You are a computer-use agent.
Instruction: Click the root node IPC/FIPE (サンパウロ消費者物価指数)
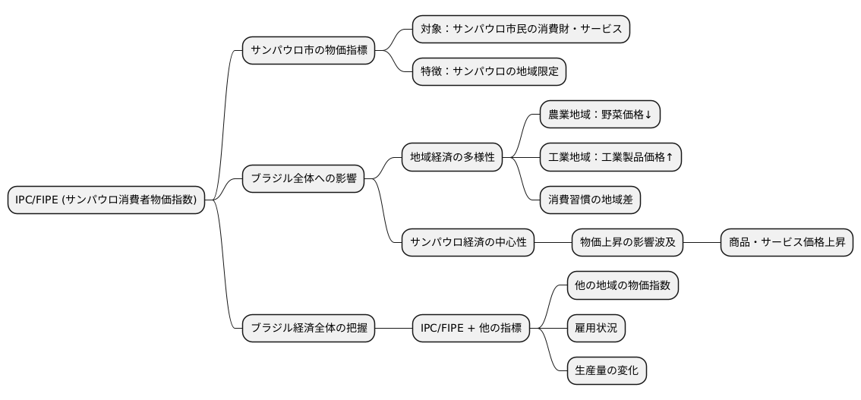(106, 200)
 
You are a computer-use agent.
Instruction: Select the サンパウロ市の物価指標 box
(308, 52)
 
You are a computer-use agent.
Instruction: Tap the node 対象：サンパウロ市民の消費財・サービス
(521, 30)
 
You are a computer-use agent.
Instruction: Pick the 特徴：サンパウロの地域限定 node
(489, 72)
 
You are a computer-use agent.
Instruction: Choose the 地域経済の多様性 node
(452, 157)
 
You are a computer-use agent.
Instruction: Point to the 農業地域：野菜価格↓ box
(601, 115)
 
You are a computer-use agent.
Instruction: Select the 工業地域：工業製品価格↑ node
(610, 157)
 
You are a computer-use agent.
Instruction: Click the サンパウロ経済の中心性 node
(468, 243)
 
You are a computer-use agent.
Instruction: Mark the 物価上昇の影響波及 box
(627, 243)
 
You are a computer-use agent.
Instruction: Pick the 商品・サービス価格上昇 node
(787, 243)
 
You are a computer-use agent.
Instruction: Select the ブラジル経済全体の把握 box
(308, 328)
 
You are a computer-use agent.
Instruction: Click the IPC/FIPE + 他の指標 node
(471, 328)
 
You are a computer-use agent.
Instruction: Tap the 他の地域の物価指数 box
(622, 285)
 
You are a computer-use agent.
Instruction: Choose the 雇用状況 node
(596, 328)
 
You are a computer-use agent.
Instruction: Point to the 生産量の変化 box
(606, 370)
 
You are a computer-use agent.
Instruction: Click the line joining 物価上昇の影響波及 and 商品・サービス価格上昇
(702, 243)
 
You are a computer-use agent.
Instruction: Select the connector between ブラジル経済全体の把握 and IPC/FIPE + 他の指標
(393, 328)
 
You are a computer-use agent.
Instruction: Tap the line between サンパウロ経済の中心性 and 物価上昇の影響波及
(553, 243)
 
